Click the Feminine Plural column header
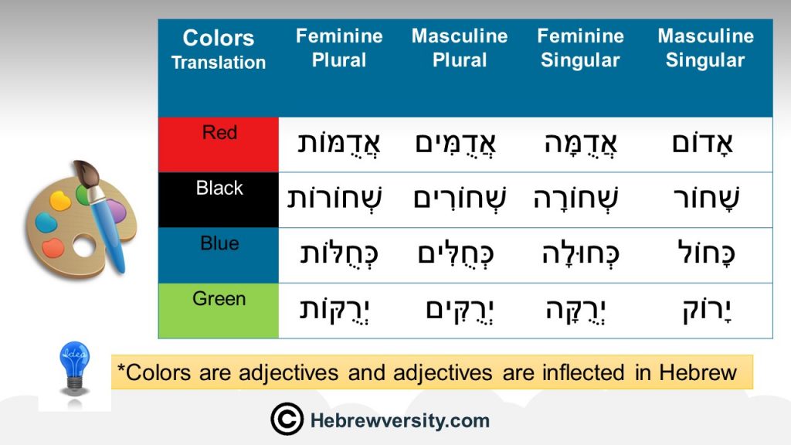point(339,48)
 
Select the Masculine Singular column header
point(705,48)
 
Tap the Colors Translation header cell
point(219,49)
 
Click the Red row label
point(219,132)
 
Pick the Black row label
point(219,188)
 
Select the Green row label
point(219,299)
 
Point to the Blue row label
point(219,243)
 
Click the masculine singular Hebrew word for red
point(702,144)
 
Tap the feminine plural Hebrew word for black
point(334,199)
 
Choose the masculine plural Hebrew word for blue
point(456,253)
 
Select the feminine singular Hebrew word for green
point(575,311)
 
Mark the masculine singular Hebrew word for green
point(707,311)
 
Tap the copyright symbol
point(287,420)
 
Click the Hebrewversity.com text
point(400,420)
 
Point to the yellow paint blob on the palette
point(60,201)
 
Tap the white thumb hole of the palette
point(83,246)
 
